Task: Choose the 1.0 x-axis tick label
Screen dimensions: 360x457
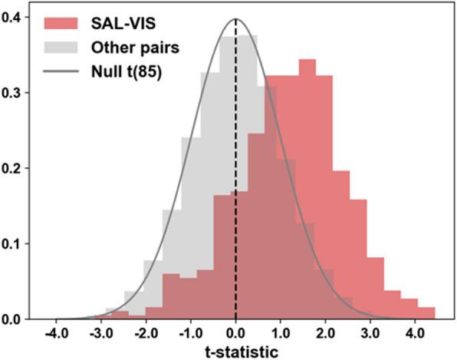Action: tap(281, 334)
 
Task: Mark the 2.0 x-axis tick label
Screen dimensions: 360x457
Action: tap(327, 334)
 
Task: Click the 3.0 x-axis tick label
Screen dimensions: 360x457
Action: tap(373, 334)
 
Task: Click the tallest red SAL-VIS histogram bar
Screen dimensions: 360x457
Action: tap(307, 192)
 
